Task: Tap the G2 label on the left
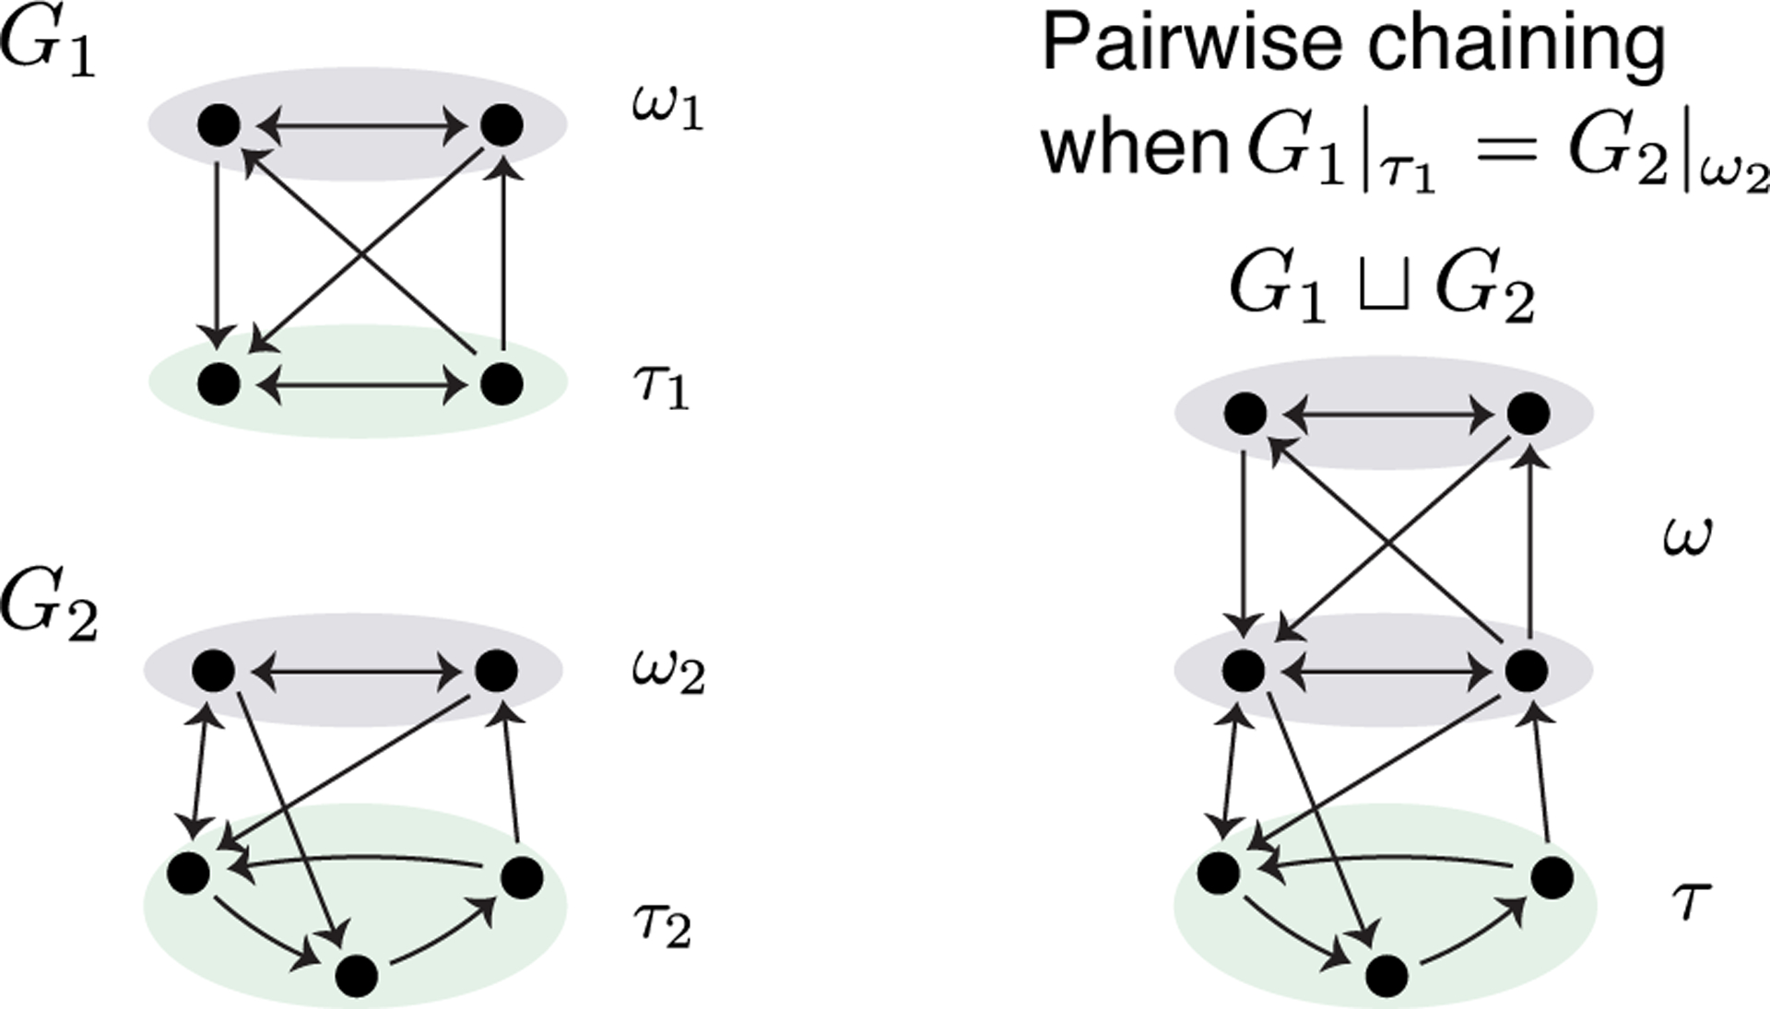pyautogui.click(x=48, y=605)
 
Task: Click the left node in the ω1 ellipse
pyautogui.click(x=219, y=125)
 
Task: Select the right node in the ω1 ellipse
pyautogui.click(x=502, y=125)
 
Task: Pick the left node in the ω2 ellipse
pyautogui.click(x=214, y=672)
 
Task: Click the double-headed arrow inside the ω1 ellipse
pyautogui.click(x=360, y=125)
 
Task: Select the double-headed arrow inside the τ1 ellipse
pyautogui.click(x=360, y=384)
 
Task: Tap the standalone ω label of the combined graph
pyautogui.click(x=1688, y=535)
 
